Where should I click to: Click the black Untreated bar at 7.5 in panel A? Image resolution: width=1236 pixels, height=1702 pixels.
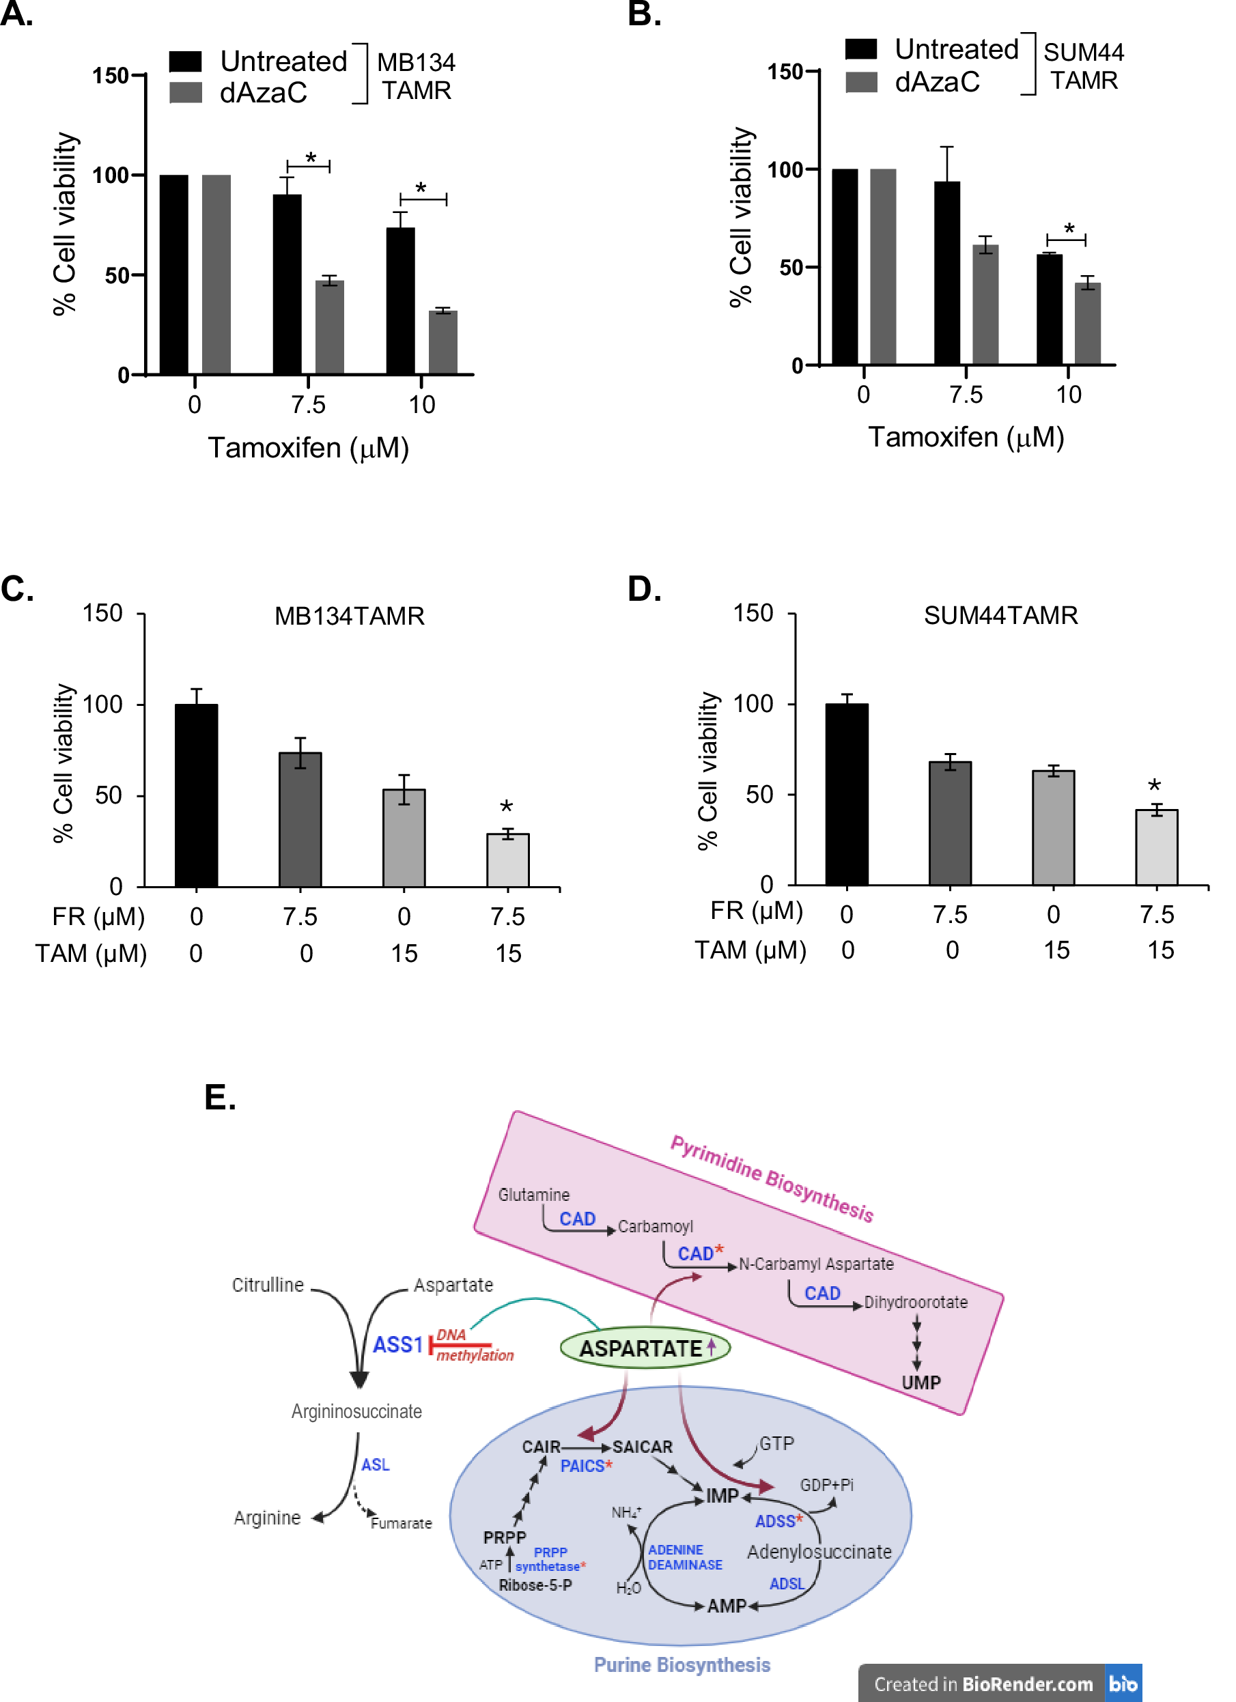click(287, 285)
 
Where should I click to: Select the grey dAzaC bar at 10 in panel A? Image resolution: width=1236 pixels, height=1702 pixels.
click(443, 342)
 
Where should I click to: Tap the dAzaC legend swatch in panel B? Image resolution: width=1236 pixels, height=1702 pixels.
click(862, 83)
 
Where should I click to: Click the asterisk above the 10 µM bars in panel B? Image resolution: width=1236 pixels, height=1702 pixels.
click(1069, 229)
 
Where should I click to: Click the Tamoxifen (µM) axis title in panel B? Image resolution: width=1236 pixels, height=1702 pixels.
click(966, 437)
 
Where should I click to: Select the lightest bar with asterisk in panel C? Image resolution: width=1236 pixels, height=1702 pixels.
click(508, 861)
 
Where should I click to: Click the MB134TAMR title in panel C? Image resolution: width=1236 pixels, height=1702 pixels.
click(349, 616)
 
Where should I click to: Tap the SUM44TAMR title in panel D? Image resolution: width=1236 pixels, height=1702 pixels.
click(1000, 615)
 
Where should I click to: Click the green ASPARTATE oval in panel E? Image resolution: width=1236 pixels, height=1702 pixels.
click(645, 1348)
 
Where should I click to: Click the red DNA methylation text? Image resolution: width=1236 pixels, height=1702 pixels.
click(473, 1346)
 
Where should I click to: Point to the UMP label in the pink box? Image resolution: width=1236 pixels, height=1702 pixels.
click(921, 1383)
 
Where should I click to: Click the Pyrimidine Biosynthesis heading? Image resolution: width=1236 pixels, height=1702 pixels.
click(772, 1179)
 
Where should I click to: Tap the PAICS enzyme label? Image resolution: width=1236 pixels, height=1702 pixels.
click(583, 1466)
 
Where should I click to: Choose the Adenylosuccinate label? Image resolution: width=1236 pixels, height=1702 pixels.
click(819, 1552)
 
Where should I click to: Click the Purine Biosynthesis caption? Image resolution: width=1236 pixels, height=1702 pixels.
click(682, 1665)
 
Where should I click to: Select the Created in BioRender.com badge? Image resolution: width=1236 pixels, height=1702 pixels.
click(999, 1684)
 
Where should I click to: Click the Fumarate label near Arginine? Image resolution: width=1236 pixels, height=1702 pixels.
click(402, 1523)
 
